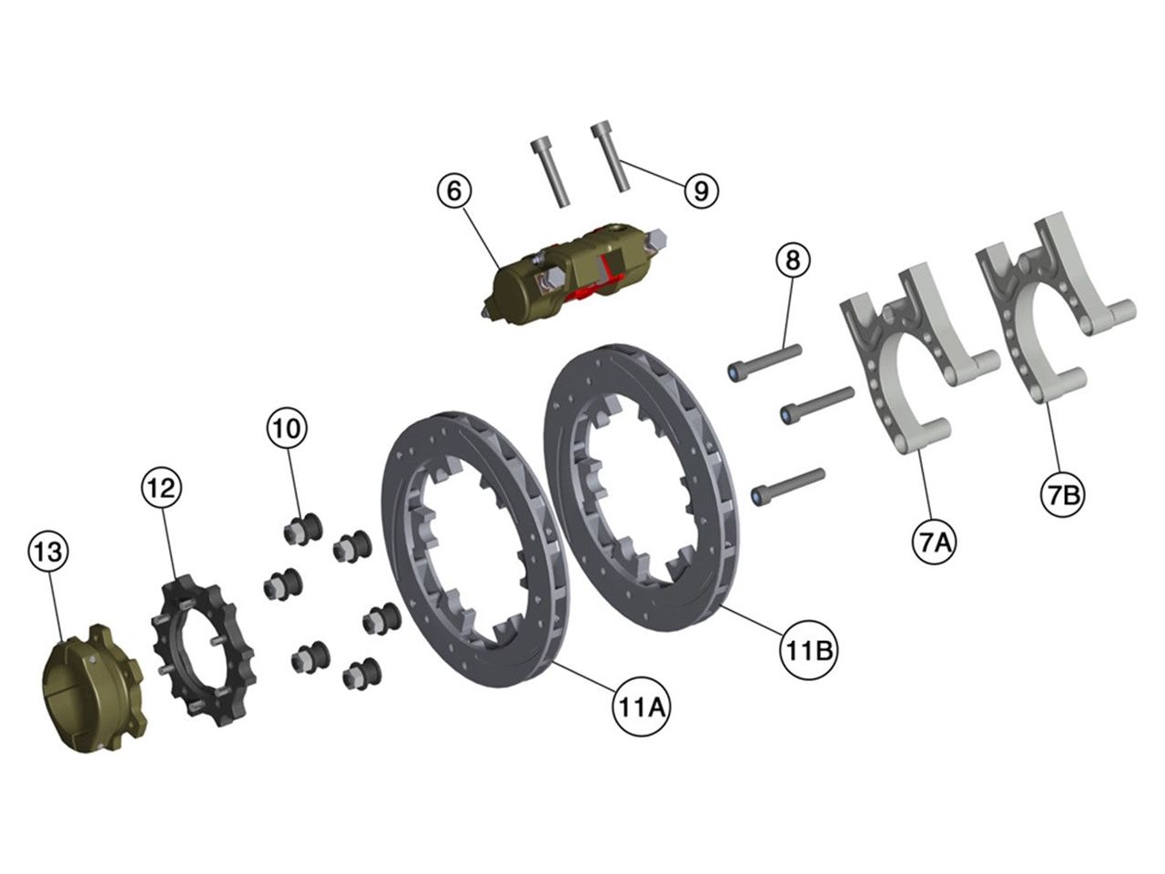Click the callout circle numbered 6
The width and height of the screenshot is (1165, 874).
454,191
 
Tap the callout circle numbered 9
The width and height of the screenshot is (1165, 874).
701,190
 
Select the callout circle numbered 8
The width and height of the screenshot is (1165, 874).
792,260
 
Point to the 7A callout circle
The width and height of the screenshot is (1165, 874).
934,543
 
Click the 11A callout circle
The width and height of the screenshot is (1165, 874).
641,707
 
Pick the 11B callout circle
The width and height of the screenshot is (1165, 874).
806,651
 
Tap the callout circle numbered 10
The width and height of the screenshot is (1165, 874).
287,429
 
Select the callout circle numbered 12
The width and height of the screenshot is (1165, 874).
161,488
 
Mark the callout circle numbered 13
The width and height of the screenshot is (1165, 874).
48,552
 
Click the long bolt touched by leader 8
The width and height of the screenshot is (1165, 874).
765,362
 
